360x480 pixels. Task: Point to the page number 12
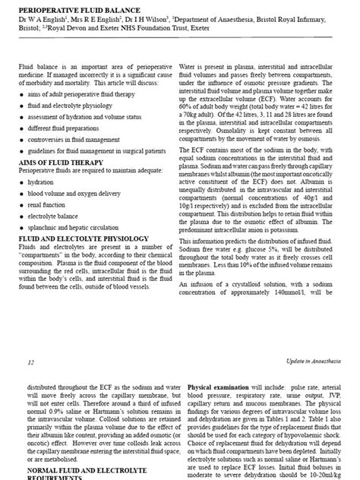pyautogui.click(x=30, y=363)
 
